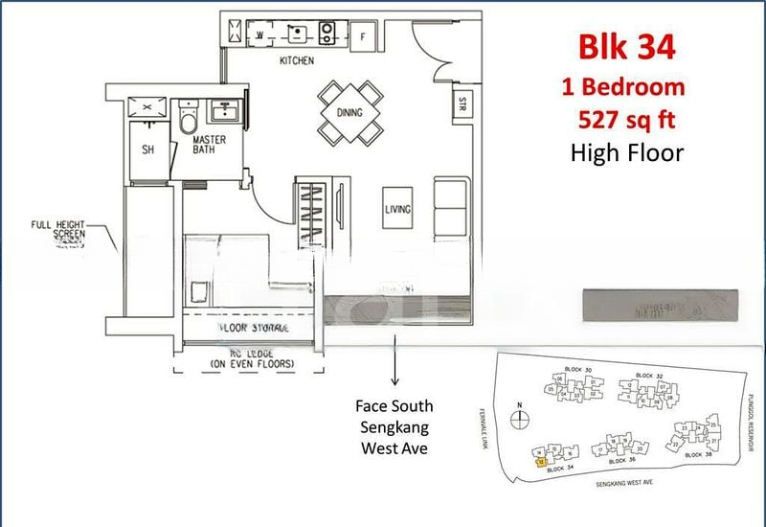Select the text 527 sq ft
pos(631,120)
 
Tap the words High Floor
pos(626,151)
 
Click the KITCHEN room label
pos(296,61)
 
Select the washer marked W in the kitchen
pos(260,35)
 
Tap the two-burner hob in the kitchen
pos(328,34)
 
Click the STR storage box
pos(462,103)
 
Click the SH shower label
pos(148,149)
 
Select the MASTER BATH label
pos(209,145)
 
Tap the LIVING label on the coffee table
pos(398,208)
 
